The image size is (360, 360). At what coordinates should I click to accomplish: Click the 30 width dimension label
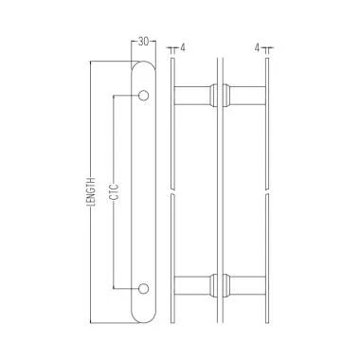(142, 41)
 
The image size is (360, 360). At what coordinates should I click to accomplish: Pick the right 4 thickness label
(258, 45)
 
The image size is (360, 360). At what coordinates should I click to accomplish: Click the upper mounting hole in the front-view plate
(144, 95)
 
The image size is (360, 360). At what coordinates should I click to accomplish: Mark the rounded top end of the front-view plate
(144, 67)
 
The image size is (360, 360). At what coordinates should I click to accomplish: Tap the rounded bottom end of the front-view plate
(144, 315)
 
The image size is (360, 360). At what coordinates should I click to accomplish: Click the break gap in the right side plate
(266, 192)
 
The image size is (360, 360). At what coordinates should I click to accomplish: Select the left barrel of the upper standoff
(193, 96)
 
